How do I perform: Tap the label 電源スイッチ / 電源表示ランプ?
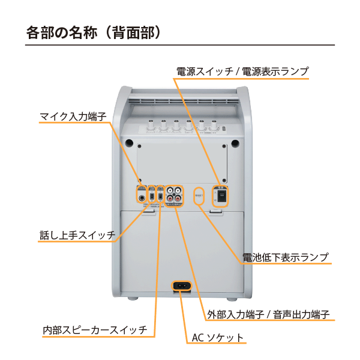(x=242, y=71)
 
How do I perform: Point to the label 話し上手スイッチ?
(x=77, y=235)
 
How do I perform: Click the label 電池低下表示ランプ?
(x=286, y=258)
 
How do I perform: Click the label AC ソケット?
(x=217, y=338)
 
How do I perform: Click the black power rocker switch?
(x=221, y=196)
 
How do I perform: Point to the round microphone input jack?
(x=142, y=196)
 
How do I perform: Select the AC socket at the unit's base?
(x=182, y=286)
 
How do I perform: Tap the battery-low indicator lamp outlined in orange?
(x=200, y=194)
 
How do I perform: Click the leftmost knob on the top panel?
(x=149, y=127)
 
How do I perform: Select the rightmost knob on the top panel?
(x=213, y=127)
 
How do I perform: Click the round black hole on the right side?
(x=236, y=143)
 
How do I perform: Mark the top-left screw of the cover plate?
(x=139, y=146)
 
